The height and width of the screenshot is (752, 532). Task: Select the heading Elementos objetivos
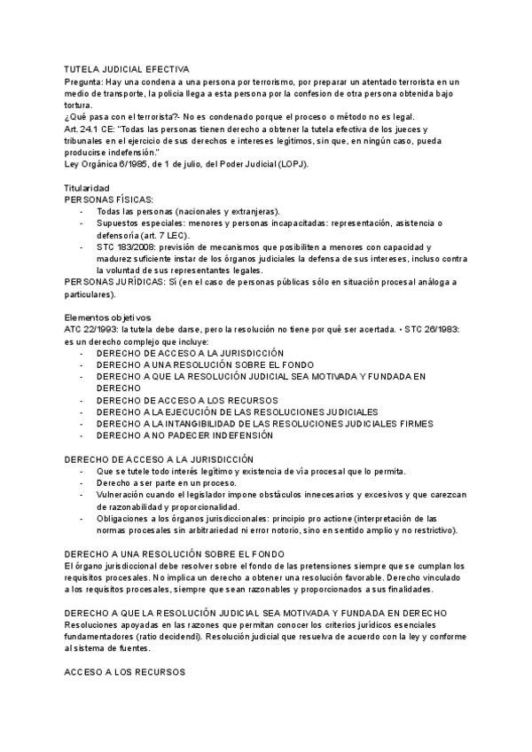pos(108,317)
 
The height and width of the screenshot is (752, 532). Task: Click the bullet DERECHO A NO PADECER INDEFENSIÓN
pos(185,435)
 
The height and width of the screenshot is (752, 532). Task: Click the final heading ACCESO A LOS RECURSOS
pos(125,673)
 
